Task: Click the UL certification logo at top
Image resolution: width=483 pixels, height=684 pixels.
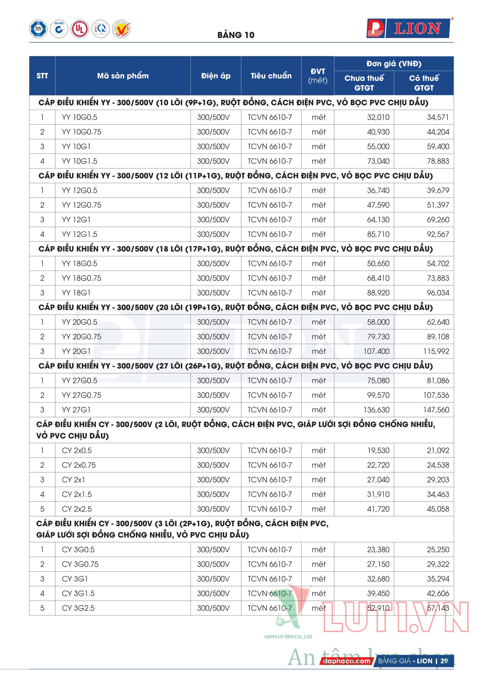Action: tap(80, 29)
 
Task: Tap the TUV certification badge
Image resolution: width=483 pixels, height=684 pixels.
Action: tap(38, 29)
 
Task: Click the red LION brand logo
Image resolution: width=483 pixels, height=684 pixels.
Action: tap(408, 29)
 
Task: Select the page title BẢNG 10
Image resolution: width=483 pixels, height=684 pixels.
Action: tap(236, 35)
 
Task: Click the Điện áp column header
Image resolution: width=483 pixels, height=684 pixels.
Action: tap(216, 76)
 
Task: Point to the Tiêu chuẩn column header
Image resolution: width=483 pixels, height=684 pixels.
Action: tap(271, 76)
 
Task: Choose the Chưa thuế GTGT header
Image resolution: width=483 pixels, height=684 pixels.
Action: tap(364, 83)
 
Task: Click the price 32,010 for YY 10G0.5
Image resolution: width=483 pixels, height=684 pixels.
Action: tap(378, 117)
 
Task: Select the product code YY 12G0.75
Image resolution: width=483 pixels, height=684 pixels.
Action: tap(82, 205)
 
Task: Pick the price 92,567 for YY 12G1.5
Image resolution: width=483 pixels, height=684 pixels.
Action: tap(438, 234)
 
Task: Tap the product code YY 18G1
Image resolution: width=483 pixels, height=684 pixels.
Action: tap(76, 293)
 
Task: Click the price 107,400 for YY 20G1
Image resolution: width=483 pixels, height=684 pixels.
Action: tap(376, 351)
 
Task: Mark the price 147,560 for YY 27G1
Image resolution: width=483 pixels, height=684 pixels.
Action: tap(436, 410)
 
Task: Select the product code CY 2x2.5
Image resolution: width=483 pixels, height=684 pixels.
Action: tap(77, 509)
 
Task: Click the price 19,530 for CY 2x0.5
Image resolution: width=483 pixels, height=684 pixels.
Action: tap(378, 450)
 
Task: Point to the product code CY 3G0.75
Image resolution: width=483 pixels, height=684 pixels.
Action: tap(80, 564)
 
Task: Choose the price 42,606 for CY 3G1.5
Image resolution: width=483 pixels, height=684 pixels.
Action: tap(438, 593)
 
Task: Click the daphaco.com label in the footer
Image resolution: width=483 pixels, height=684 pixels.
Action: tap(346, 661)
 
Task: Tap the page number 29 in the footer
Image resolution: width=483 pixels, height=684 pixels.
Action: tap(444, 661)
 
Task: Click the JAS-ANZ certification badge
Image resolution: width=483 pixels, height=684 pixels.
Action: tap(59, 29)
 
